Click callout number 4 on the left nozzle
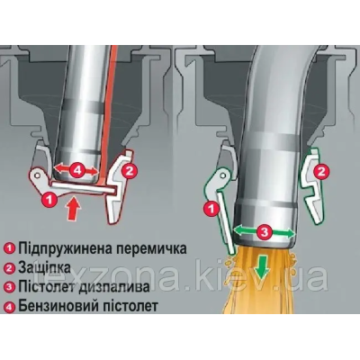coord(76,171)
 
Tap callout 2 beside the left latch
coord(130,171)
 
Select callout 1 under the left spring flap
coord(49,200)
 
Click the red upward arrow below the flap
coord(74,209)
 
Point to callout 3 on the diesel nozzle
coord(264,232)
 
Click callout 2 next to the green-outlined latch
coord(321,172)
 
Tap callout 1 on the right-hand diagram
coord(211,209)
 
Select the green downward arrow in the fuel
coord(262,268)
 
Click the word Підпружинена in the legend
coord(65,248)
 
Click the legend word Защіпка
coord(45,267)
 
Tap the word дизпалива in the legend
coord(114,287)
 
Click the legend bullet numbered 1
coord(10,248)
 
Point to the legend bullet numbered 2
coord(10,268)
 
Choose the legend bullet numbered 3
coord(10,287)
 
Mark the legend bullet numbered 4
coord(10,307)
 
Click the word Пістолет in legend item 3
coord(48,287)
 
